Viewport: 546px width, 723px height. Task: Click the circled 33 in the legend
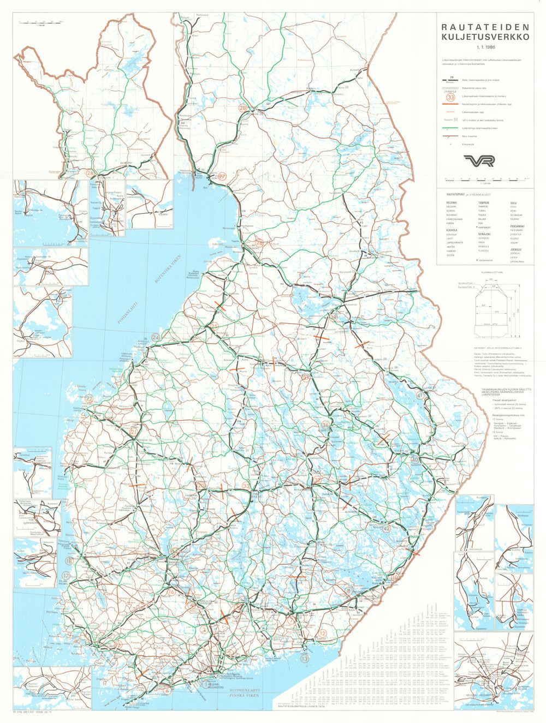[451, 97]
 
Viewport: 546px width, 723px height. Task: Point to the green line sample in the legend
[450, 128]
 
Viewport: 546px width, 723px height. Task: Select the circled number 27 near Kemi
[222, 176]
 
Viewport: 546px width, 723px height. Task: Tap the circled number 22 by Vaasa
[89, 399]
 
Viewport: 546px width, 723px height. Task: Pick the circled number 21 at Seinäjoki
[134, 432]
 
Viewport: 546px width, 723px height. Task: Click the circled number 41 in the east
[420, 396]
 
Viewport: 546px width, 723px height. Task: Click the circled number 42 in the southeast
[387, 528]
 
